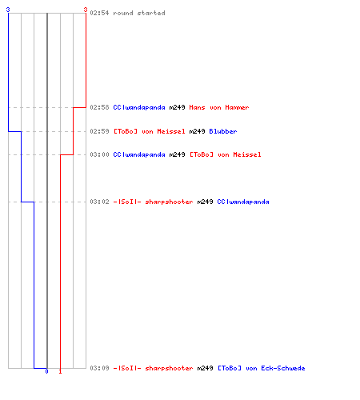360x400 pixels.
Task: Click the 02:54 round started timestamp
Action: (99, 13)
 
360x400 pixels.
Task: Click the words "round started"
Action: (139, 13)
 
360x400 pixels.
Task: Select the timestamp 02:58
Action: (99, 107)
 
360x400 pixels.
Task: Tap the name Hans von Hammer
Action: (219, 107)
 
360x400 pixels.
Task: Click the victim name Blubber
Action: (223, 131)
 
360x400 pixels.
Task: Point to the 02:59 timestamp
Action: (99, 131)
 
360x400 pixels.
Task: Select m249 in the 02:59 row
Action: (197, 131)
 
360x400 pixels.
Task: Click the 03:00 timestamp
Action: (99, 154)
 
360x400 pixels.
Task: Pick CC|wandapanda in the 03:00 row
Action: (139, 154)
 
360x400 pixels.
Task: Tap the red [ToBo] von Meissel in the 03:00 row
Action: (226, 154)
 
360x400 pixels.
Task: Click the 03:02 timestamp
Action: (99, 202)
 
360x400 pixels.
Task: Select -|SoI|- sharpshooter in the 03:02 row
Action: (153, 202)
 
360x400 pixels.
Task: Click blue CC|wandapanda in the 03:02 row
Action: (243, 202)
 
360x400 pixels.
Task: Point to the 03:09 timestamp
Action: (99, 368)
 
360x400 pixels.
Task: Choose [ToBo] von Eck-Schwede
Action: (262, 368)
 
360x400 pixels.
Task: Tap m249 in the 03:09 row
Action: (205, 368)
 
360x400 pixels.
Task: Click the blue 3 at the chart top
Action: (8, 10)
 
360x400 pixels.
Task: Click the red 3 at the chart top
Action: (86, 10)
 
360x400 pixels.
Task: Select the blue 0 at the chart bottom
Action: (47, 371)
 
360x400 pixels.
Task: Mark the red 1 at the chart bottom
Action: (60, 371)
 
